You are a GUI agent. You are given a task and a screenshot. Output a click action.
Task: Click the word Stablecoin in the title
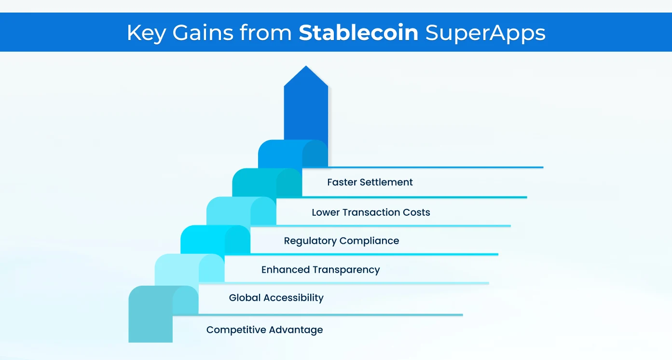tap(358, 33)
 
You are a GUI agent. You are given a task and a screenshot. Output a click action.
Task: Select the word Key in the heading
tap(147, 33)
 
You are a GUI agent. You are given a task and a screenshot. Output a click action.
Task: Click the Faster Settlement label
tap(370, 182)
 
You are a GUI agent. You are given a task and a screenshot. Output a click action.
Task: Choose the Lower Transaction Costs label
tap(370, 212)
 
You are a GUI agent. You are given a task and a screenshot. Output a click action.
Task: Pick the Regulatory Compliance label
tap(341, 241)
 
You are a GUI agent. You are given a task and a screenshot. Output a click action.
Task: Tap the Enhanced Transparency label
tap(320, 270)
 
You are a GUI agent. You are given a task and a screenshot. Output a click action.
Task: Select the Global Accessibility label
tap(276, 298)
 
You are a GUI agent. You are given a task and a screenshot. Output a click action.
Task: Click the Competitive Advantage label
tap(264, 330)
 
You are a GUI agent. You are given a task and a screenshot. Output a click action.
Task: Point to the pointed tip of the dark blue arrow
tap(306, 67)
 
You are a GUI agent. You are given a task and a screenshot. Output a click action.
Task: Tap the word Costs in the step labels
tap(416, 212)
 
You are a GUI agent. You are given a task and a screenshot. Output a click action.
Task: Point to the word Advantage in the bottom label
tap(296, 330)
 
